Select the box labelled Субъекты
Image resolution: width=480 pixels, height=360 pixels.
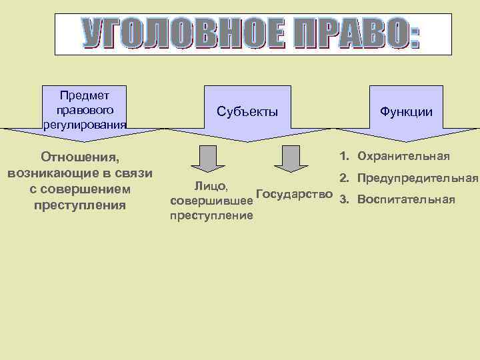247,112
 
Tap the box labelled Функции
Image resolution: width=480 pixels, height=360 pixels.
406,112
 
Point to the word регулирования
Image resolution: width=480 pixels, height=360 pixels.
85,123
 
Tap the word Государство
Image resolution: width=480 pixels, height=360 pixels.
295,194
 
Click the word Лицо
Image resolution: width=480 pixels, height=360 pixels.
211,185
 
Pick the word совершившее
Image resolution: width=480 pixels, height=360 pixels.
211,200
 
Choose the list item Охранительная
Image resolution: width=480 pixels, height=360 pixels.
403,157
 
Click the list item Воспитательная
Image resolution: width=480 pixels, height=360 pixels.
406,199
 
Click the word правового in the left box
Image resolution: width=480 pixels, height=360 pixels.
85,109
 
